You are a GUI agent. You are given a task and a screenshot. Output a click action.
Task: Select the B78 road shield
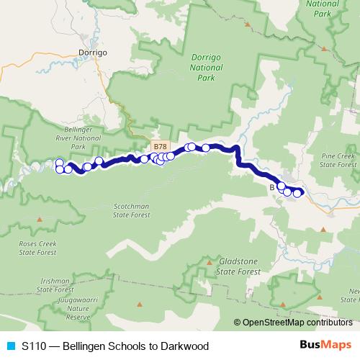point(161,145)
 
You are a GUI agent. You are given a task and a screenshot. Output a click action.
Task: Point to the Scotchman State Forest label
point(131,210)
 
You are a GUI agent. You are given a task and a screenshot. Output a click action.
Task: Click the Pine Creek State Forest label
point(338,160)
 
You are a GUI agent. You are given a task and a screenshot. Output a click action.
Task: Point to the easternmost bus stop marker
point(297,193)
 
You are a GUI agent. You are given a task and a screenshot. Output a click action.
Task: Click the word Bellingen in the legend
point(83,346)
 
